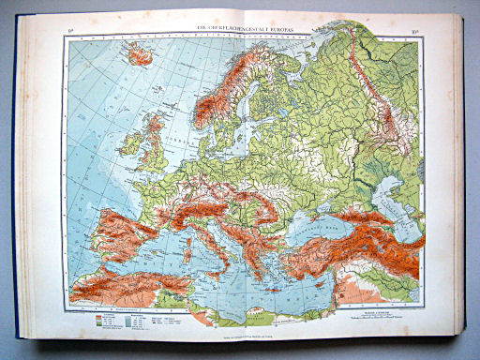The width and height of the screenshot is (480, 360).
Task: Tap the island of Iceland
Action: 140,55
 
